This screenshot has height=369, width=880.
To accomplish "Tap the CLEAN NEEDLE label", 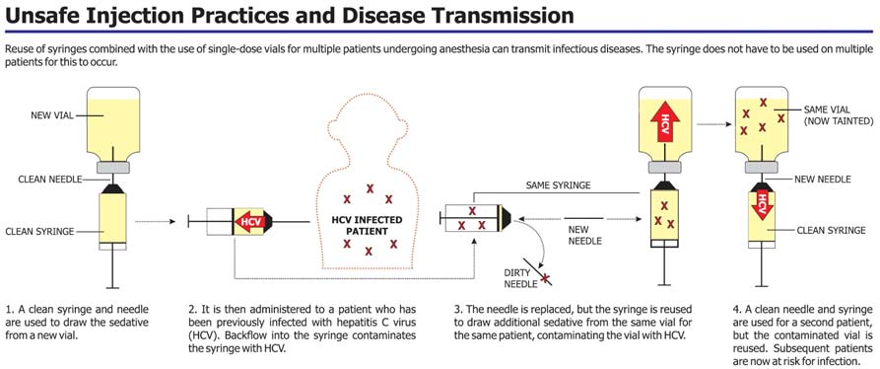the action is pyautogui.click(x=51, y=180).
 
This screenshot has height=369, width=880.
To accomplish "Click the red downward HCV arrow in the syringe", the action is pyautogui.click(x=761, y=205).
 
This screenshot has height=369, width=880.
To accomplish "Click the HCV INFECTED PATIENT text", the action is pyautogui.click(x=367, y=226).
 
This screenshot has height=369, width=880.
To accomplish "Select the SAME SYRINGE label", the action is pyautogui.click(x=558, y=185).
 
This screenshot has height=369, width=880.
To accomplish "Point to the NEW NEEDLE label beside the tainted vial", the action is pyautogui.click(x=822, y=180).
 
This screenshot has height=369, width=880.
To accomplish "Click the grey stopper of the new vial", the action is pyautogui.click(x=114, y=167).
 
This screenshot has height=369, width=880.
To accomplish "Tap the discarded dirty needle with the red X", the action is pyautogui.click(x=538, y=273).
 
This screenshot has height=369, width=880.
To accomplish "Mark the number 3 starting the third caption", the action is pyautogui.click(x=457, y=310).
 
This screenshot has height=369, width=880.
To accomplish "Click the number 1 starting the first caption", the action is pyautogui.click(x=9, y=310).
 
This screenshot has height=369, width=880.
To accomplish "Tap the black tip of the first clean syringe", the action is pyautogui.click(x=114, y=187).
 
